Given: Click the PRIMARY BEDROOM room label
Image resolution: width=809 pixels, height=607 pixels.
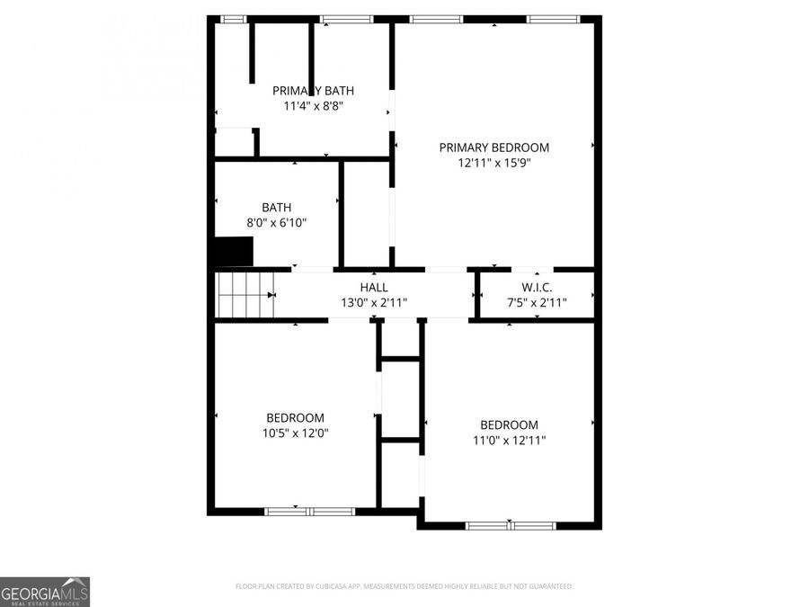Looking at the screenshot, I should click(x=493, y=147).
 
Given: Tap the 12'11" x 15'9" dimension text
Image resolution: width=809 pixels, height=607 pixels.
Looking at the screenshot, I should click(x=493, y=163).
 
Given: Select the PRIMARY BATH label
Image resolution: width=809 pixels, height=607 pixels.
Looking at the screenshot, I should click(x=313, y=90).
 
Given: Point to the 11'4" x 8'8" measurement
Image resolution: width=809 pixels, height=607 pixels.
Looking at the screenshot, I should click(x=313, y=105).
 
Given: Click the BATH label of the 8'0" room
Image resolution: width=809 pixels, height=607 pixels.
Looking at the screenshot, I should click(x=276, y=207).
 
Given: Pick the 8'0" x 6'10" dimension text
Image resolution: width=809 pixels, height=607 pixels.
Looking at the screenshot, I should click(x=276, y=222).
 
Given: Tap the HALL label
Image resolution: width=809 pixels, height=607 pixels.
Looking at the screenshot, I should click(x=374, y=287).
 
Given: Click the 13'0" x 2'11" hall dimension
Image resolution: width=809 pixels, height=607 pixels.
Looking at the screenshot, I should click(x=374, y=302).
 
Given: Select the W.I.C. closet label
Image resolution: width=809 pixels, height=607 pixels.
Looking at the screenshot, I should click(x=537, y=287).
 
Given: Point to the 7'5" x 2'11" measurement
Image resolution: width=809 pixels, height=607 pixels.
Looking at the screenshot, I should click(x=537, y=302).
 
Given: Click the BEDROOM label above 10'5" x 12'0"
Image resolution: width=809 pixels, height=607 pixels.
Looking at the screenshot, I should click(x=295, y=417).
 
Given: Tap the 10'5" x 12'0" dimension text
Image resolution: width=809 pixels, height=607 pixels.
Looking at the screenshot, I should click(x=295, y=433).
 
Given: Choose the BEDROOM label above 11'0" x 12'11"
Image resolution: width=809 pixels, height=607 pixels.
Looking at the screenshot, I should click(x=509, y=424).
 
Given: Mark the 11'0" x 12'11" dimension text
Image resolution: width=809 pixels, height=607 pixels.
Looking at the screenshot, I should click(x=509, y=440).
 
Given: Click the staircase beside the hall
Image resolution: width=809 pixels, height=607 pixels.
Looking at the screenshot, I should click(x=244, y=295).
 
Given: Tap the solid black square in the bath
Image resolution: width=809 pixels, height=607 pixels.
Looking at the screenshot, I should click(x=234, y=251).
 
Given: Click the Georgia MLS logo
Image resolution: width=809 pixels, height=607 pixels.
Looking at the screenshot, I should click(x=45, y=592).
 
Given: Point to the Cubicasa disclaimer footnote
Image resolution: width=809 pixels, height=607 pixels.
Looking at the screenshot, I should click(x=404, y=586).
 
